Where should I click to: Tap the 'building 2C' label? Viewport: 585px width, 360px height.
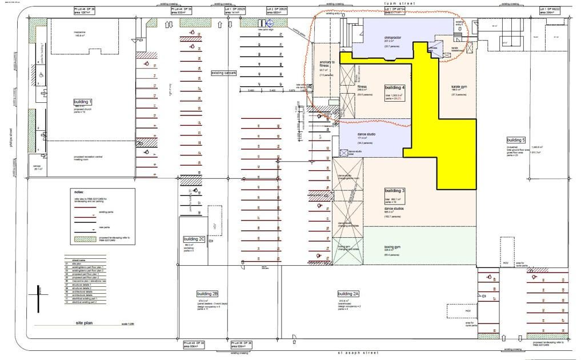[x=194, y=239]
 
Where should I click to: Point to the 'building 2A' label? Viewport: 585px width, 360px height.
[x=348, y=293]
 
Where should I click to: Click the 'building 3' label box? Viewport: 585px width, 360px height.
[x=395, y=190]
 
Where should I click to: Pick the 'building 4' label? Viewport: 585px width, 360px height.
[x=395, y=87]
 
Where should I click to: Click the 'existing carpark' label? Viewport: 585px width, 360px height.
[x=225, y=73]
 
